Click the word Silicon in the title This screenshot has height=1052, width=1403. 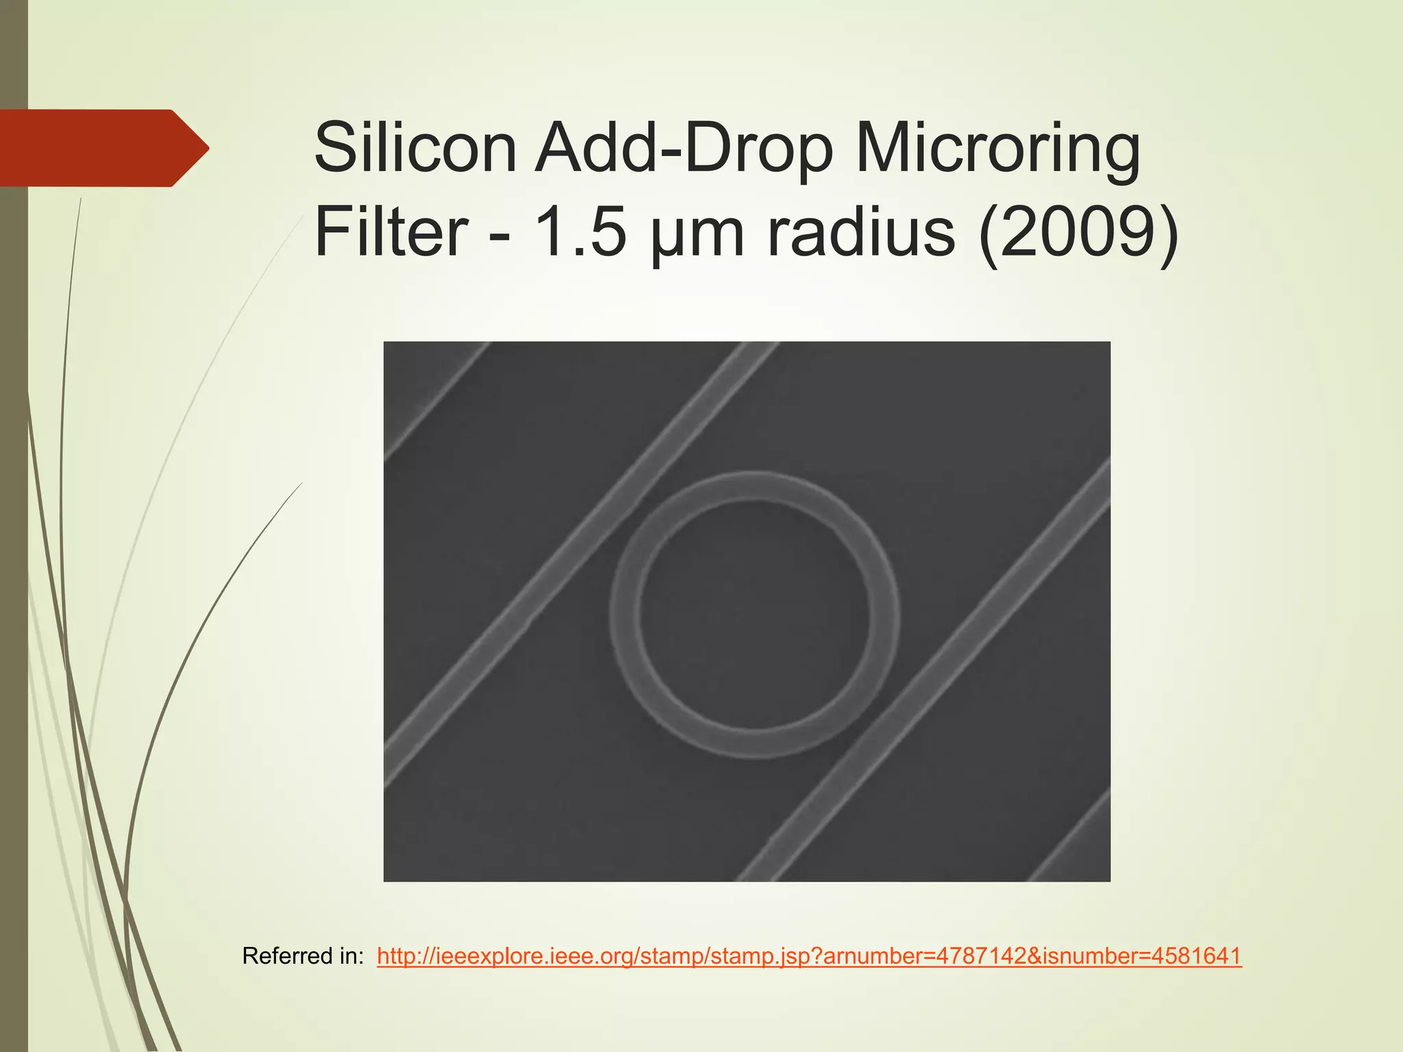415,148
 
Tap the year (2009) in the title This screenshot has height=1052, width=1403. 1078,233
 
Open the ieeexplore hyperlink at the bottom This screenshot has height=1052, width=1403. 808,956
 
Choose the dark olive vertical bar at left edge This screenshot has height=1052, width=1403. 14,548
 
